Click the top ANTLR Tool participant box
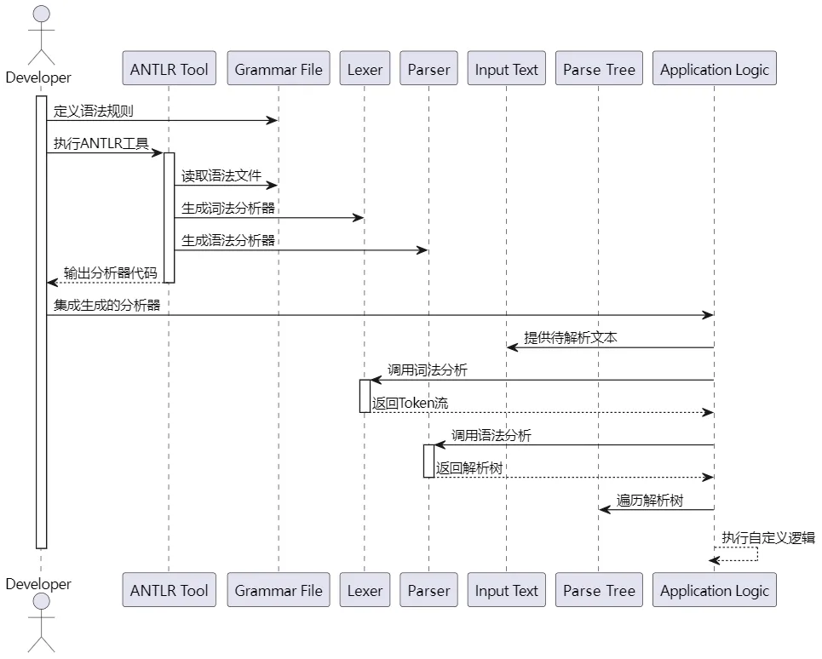[x=169, y=69]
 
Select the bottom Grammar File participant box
[x=279, y=590]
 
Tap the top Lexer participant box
[x=365, y=69]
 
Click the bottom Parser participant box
[x=428, y=590]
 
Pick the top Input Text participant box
[x=507, y=69]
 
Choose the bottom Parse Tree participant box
[x=599, y=590]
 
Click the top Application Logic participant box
[x=714, y=69]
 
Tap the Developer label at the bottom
[x=38, y=584]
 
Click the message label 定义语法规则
[x=93, y=112]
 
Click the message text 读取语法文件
[x=221, y=176]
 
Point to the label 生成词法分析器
[x=228, y=209]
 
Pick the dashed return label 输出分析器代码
[x=110, y=273]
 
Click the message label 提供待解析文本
[x=571, y=338]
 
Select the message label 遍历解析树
[x=650, y=500]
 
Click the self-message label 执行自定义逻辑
[x=768, y=537]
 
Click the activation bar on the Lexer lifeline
[x=365, y=396]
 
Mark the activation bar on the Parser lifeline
[x=428, y=461]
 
